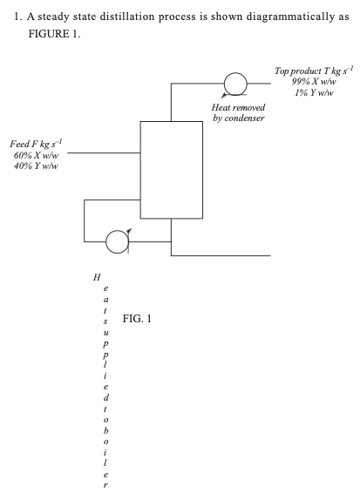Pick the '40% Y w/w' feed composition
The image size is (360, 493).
31,165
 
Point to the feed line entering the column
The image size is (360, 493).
104,153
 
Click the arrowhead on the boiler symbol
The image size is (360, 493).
129,229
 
